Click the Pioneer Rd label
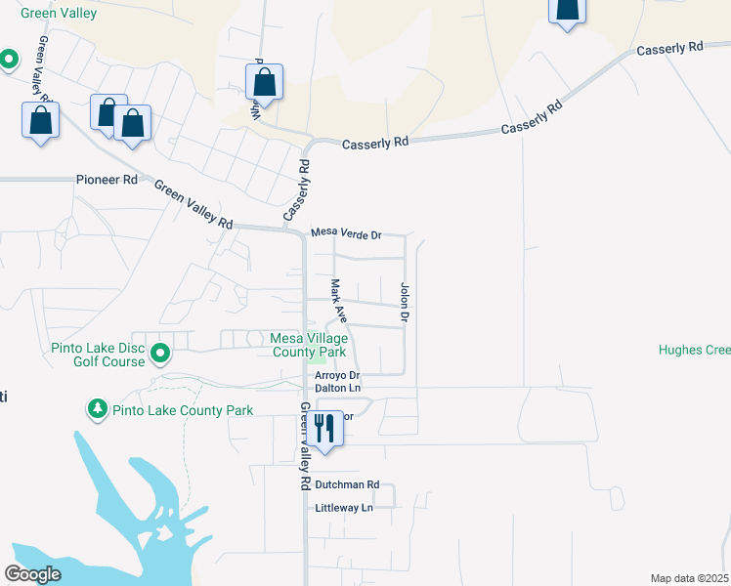[107, 180]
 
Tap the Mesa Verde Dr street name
[345, 234]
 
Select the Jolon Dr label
[403, 303]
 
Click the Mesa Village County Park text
[309, 345]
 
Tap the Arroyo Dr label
[337, 375]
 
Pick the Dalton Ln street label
[337, 389]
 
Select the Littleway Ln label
[344, 508]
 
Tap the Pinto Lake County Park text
[183, 410]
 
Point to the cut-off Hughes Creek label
[694, 350]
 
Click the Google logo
[32, 574]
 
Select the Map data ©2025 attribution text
[689, 577]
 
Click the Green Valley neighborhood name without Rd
[58, 14]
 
